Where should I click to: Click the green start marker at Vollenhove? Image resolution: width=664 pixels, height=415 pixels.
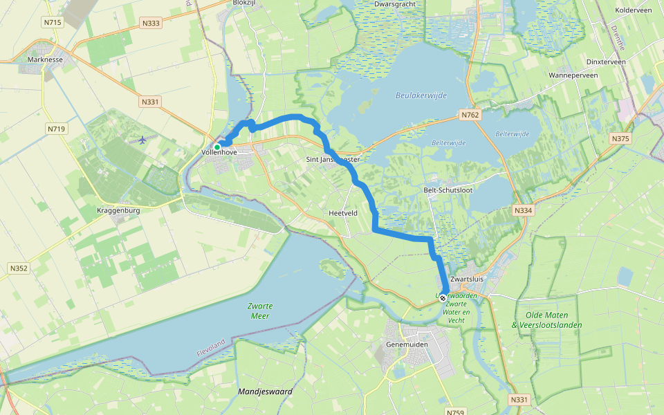217,147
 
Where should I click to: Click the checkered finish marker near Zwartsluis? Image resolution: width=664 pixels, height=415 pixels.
443,298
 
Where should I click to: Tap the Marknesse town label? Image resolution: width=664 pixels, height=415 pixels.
46,59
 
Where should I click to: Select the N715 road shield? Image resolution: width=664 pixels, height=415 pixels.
52,23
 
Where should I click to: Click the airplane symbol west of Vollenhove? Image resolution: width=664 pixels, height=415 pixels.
143,140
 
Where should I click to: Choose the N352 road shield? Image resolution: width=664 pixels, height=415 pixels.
19,268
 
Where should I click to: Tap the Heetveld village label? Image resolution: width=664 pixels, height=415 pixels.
343,213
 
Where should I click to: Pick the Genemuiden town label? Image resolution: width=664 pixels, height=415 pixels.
407,344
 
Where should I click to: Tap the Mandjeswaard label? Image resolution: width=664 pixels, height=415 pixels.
265,391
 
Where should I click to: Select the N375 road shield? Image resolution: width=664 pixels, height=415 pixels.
620,139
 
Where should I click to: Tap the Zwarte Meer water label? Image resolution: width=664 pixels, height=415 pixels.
260,311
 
